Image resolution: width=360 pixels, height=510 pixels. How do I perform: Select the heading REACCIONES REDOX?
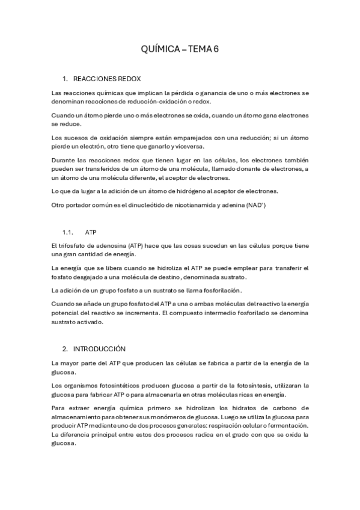point(107,79)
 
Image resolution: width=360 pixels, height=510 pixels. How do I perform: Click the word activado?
point(91,322)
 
